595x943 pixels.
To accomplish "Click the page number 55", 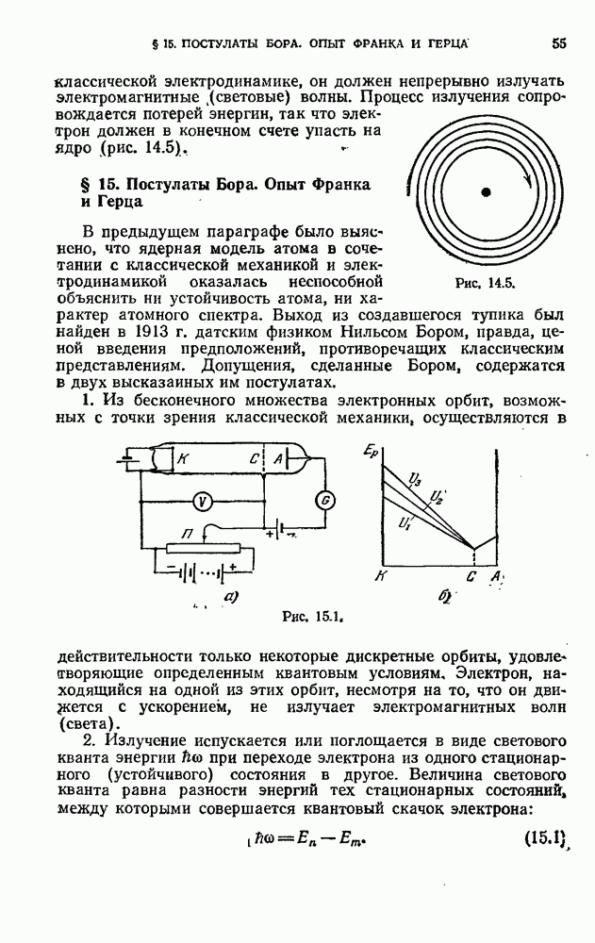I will click(559, 42).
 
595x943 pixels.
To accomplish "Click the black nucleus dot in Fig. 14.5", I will click(486, 192).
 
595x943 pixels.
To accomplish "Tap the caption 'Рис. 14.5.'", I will click(482, 282).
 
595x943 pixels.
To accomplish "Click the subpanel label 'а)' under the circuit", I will click(229, 595).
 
